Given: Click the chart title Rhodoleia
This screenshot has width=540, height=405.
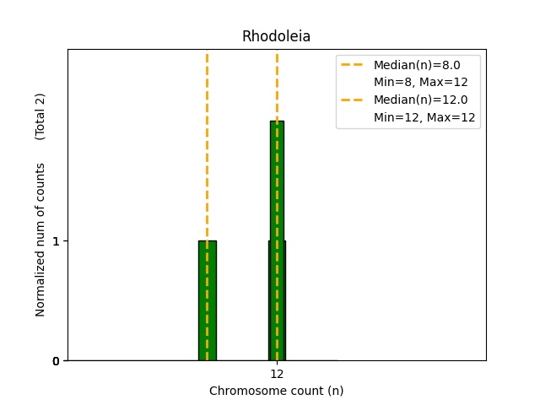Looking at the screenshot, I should click(x=276, y=36).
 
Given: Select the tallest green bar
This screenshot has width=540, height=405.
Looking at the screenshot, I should click(x=277, y=186).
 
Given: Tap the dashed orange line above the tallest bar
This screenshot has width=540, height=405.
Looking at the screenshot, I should click(x=277, y=84).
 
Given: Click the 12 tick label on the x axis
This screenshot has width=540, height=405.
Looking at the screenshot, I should click(x=277, y=374).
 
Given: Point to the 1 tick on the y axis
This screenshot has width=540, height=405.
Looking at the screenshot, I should click(x=56, y=241).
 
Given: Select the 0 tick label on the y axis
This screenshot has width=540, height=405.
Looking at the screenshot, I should click(x=56, y=361).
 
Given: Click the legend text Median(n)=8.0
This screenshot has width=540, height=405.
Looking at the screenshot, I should click(x=417, y=65).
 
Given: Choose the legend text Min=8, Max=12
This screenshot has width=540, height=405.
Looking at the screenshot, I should click(x=420, y=83).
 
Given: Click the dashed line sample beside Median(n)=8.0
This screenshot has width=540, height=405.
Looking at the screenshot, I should click(x=352, y=65).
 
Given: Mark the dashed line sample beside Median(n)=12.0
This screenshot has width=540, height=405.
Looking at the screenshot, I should click(x=352, y=100).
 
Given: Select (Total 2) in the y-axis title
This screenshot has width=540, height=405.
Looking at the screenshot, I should click(x=40, y=116).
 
